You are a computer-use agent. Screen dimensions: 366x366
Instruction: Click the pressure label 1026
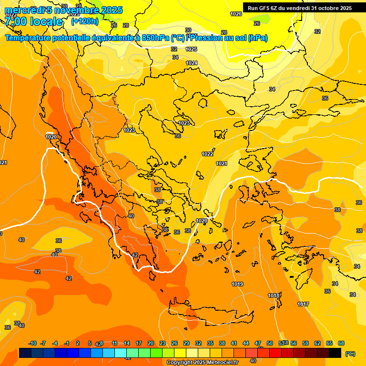[236, 14]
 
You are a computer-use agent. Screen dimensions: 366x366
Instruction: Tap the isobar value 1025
[191, 49]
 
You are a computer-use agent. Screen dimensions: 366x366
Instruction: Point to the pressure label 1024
[192, 63]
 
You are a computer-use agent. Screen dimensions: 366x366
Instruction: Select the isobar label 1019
[237, 285]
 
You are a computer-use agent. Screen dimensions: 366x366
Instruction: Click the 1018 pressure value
[274, 295]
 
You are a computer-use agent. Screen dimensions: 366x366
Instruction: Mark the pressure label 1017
[303, 304]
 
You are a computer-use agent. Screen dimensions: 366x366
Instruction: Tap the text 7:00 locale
[34, 21]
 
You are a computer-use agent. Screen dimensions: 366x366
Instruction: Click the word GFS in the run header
[265, 8]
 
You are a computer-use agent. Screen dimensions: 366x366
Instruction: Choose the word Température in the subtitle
[30, 38]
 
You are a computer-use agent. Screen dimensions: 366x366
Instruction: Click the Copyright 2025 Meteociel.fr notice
[202, 363]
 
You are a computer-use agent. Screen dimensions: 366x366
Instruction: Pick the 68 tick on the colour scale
[341, 343]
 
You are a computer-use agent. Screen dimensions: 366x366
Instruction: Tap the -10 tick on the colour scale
[32, 343]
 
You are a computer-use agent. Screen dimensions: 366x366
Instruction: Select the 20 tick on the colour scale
[151, 343]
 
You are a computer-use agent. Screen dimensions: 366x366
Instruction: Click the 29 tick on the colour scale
[186, 343]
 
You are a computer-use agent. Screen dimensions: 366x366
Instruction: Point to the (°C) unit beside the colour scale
[350, 354]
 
